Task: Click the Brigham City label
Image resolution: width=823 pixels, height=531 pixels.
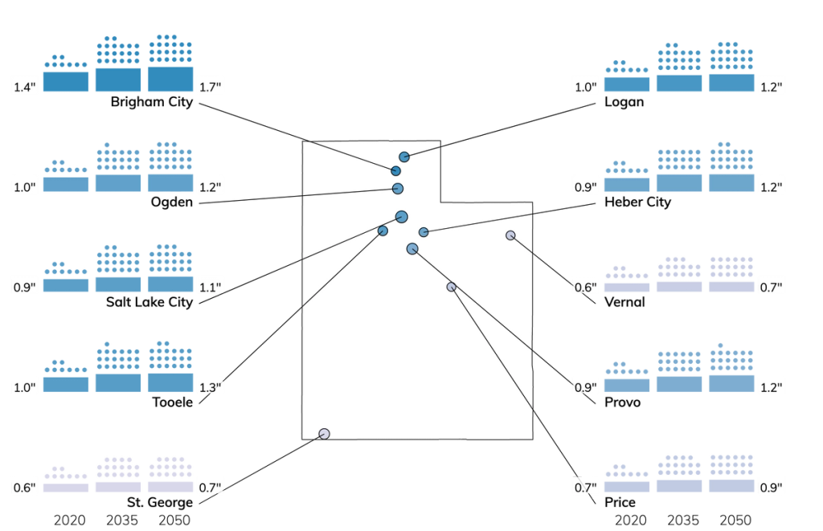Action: coord(152,102)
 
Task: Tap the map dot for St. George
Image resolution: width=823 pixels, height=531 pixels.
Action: coord(325,434)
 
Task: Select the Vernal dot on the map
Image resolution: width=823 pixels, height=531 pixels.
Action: coord(510,235)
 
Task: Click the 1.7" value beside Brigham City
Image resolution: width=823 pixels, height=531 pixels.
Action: coord(210,87)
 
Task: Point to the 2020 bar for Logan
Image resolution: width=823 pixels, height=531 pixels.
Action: coord(627,84)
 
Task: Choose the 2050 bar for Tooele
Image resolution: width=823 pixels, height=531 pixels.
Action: coord(170,382)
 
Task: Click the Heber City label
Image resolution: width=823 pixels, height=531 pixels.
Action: coord(637,202)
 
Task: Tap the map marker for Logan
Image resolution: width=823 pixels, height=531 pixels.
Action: coord(403,157)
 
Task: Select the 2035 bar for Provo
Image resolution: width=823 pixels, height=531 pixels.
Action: coord(679,384)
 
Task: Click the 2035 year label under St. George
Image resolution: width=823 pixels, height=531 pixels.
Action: coord(122,520)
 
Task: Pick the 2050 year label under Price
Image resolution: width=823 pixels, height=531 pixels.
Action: coord(735,520)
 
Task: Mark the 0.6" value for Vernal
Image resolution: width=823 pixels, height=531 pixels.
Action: coord(585,288)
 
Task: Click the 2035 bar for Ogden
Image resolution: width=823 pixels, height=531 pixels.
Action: coord(118,183)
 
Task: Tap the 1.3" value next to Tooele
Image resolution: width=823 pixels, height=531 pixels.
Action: coord(210,388)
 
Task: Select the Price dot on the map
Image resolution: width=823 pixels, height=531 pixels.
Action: coord(452,287)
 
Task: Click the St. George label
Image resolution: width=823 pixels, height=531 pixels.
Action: coord(160,502)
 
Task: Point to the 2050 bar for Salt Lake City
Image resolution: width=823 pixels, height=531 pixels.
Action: coord(170,284)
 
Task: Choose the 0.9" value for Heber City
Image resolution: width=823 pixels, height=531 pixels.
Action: coord(585,187)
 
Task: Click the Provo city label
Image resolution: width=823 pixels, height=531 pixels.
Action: coord(623,402)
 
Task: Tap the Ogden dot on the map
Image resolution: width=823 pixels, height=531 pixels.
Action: coord(398,188)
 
